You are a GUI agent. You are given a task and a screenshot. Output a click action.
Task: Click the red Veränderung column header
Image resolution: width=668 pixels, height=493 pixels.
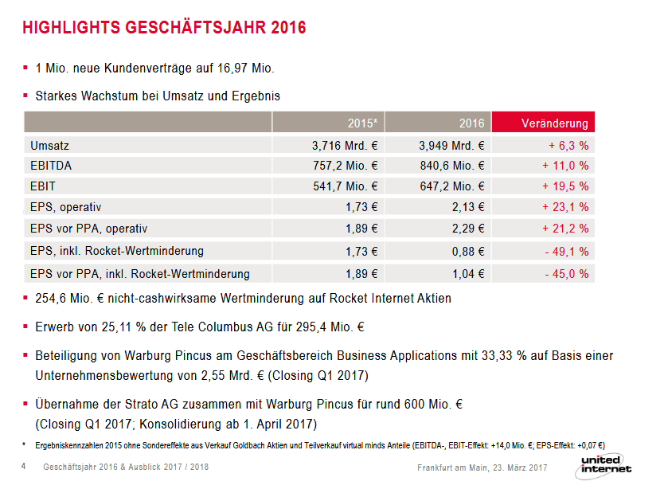tap(554, 123)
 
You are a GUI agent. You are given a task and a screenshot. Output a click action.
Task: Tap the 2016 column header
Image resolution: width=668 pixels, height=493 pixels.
tap(471, 123)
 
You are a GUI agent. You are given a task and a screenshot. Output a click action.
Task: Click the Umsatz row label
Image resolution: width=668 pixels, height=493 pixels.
tap(49, 146)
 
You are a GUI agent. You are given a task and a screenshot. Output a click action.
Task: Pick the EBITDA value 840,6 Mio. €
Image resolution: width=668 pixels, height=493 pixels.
tap(451, 166)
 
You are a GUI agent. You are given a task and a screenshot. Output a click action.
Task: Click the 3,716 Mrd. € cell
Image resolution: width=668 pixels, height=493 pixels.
tap(345, 146)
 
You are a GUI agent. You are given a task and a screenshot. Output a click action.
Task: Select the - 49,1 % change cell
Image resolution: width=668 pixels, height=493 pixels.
tap(567, 252)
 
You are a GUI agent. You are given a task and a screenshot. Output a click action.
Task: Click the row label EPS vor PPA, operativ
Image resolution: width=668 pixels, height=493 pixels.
tap(88, 229)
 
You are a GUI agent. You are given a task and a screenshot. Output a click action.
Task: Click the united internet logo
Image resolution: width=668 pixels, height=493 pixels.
tap(605, 464)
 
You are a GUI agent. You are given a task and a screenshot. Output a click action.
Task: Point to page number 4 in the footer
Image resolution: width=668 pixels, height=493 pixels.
tap(23, 466)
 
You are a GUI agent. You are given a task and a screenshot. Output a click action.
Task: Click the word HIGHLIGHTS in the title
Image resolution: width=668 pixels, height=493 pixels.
tap(71, 28)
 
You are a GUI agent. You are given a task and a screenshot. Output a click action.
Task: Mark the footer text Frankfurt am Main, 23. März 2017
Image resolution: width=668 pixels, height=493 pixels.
tap(482, 467)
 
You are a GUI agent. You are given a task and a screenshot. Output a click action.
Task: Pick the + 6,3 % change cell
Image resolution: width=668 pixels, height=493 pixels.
tap(568, 146)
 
